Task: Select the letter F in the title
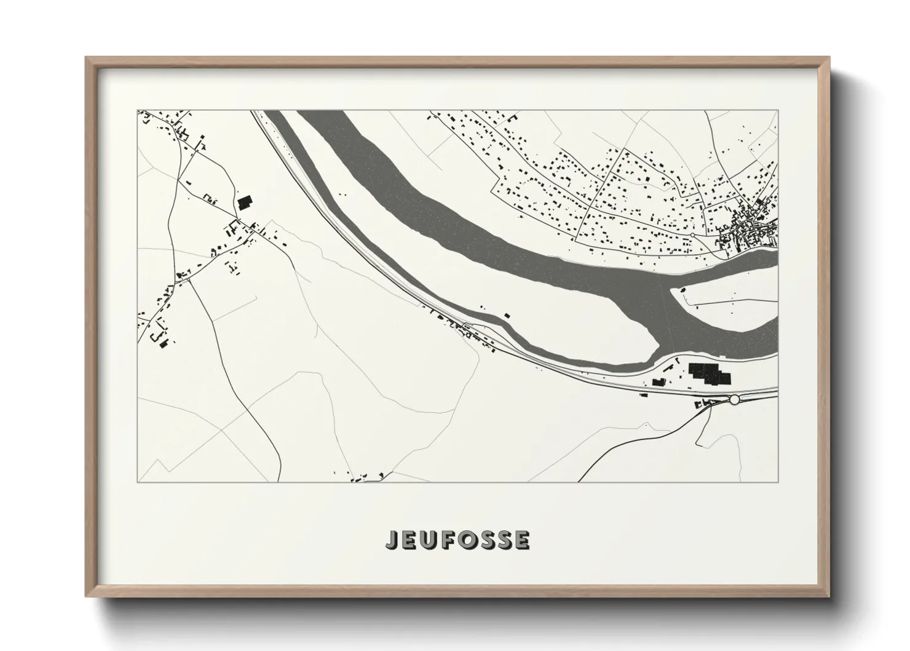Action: (x=448, y=540)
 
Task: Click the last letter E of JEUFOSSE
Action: (x=522, y=540)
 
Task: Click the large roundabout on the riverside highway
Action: (x=734, y=400)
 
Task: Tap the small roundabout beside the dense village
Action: (x=692, y=234)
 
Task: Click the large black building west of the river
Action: (x=245, y=202)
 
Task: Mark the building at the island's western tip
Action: (x=681, y=289)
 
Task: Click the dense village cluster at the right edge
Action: (x=747, y=231)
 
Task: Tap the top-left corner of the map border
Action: (x=137, y=111)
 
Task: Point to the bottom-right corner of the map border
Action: (x=778, y=482)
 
